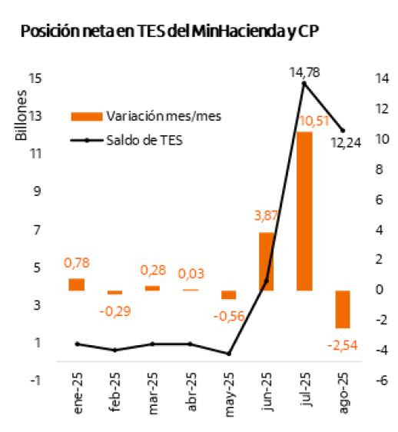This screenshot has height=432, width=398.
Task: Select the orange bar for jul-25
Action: tap(304, 211)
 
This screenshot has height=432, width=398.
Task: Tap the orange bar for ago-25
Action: tap(342, 309)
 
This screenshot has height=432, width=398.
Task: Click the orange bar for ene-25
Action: tap(76, 284)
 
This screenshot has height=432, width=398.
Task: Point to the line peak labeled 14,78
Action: tap(304, 83)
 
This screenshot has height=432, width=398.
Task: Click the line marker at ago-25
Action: tap(342, 131)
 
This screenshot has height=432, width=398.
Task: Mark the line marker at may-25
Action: tap(228, 354)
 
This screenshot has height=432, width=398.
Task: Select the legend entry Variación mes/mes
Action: tap(146, 116)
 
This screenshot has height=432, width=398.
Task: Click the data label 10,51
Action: tap(314, 121)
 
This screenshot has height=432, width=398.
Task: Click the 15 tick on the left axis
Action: tap(35, 78)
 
